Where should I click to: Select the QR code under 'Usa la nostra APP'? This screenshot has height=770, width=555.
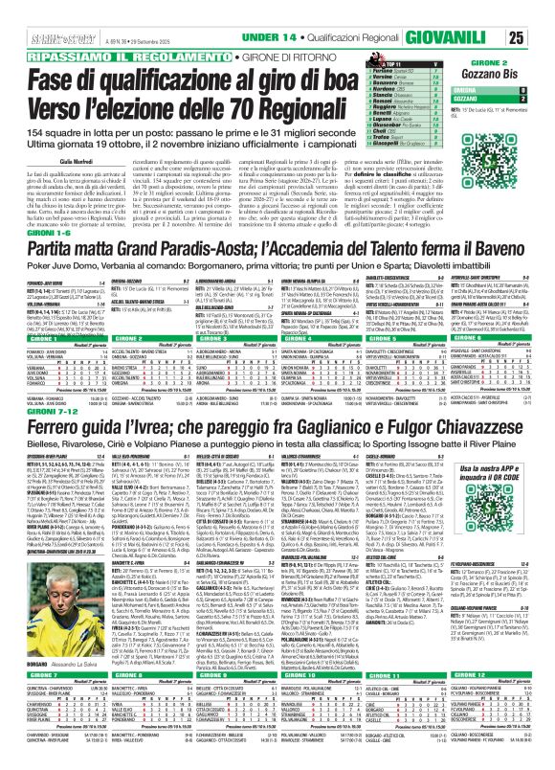click(x=497, y=578)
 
